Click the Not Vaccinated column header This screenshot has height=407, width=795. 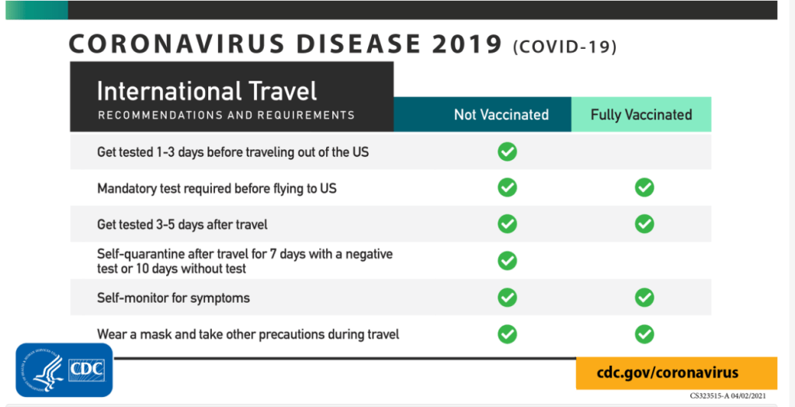(x=482, y=114)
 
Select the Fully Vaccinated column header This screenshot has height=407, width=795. (x=641, y=114)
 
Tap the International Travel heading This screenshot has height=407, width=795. (x=207, y=91)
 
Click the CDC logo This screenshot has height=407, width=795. (x=64, y=370)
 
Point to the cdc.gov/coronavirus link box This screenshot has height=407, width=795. (x=676, y=373)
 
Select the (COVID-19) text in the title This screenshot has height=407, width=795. (x=564, y=47)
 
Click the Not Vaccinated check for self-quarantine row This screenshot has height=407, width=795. (x=507, y=260)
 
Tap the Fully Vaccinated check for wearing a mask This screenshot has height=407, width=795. (x=644, y=334)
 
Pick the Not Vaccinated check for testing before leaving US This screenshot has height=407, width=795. (x=507, y=151)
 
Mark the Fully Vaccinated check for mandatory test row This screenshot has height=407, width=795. (x=644, y=187)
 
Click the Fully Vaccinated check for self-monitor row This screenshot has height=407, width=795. (x=644, y=297)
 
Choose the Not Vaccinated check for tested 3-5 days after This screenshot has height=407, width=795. (x=507, y=224)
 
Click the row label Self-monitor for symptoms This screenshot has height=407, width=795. (x=173, y=297)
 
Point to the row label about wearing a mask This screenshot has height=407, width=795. (x=248, y=335)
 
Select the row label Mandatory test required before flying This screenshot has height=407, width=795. (x=217, y=189)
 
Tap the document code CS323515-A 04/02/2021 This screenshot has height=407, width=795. (x=727, y=396)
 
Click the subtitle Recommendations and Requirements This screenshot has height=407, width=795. (x=226, y=115)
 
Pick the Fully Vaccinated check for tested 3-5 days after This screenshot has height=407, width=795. (x=644, y=224)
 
